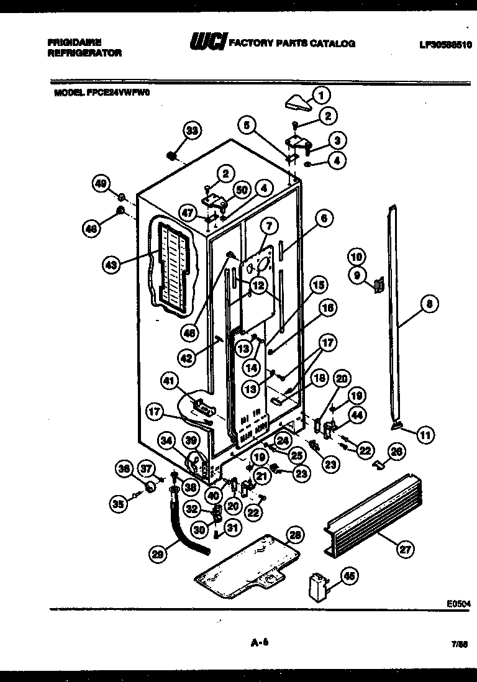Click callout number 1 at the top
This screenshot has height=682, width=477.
[x=320, y=95]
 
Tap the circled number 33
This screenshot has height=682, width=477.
[x=193, y=130]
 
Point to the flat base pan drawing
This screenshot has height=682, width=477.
[x=242, y=563]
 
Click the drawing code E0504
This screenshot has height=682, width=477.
[x=458, y=602]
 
